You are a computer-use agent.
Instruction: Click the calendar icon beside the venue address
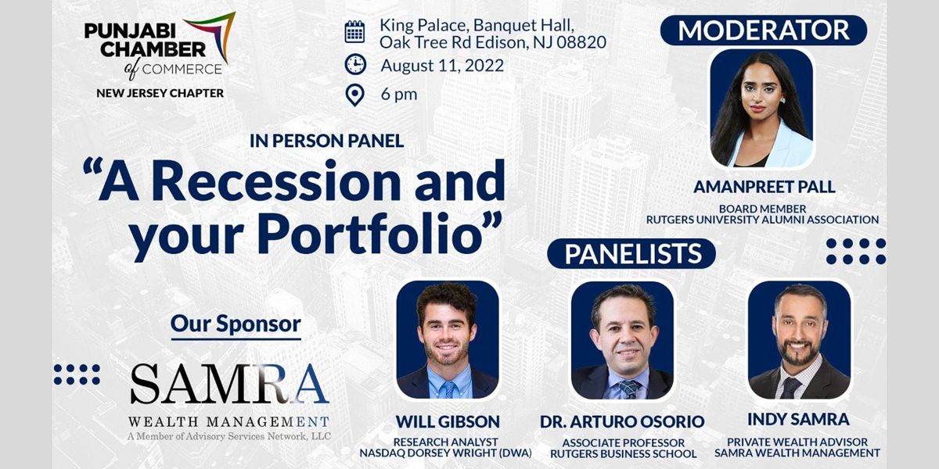pyautogui.click(x=354, y=31)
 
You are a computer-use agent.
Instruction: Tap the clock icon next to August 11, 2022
pyautogui.click(x=355, y=64)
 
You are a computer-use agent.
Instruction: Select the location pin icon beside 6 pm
pyautogui.click(x=355, y=95)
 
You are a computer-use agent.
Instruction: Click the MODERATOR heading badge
pyautogui.click(x=763, y=30)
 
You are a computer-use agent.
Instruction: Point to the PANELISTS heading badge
pyautogui.click(x=631, y=254)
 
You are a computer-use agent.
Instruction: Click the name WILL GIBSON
pyautogui.click(x=447, y=421)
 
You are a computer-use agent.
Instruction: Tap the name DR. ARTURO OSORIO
pyautogui.click(x=622, y=421)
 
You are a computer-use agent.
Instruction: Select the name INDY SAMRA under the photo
pyautogui.click(x=798, y=420)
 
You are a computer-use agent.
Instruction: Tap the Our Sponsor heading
pyautogui.click(x=236, y=323)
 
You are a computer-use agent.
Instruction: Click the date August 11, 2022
pyautogui.click(x=442, y=64)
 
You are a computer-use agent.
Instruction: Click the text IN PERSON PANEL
pyautogui.click(x=326, y=141)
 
